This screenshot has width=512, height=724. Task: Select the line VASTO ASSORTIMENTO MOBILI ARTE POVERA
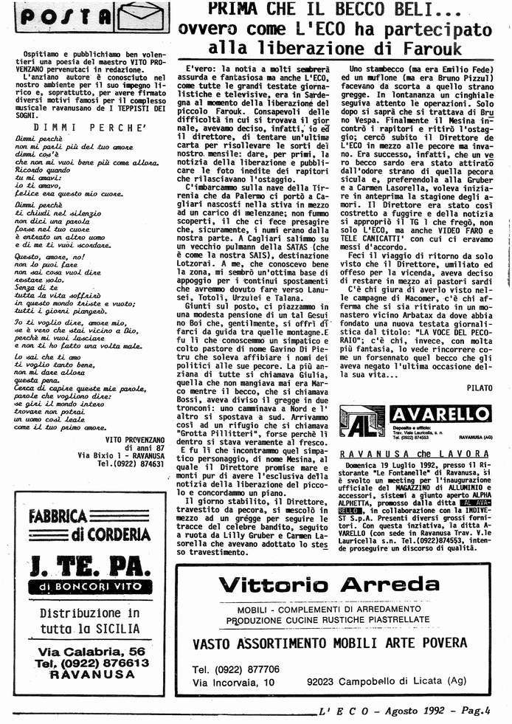[x=330, y=643]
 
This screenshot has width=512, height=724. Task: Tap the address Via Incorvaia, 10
[x=234, y=683]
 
